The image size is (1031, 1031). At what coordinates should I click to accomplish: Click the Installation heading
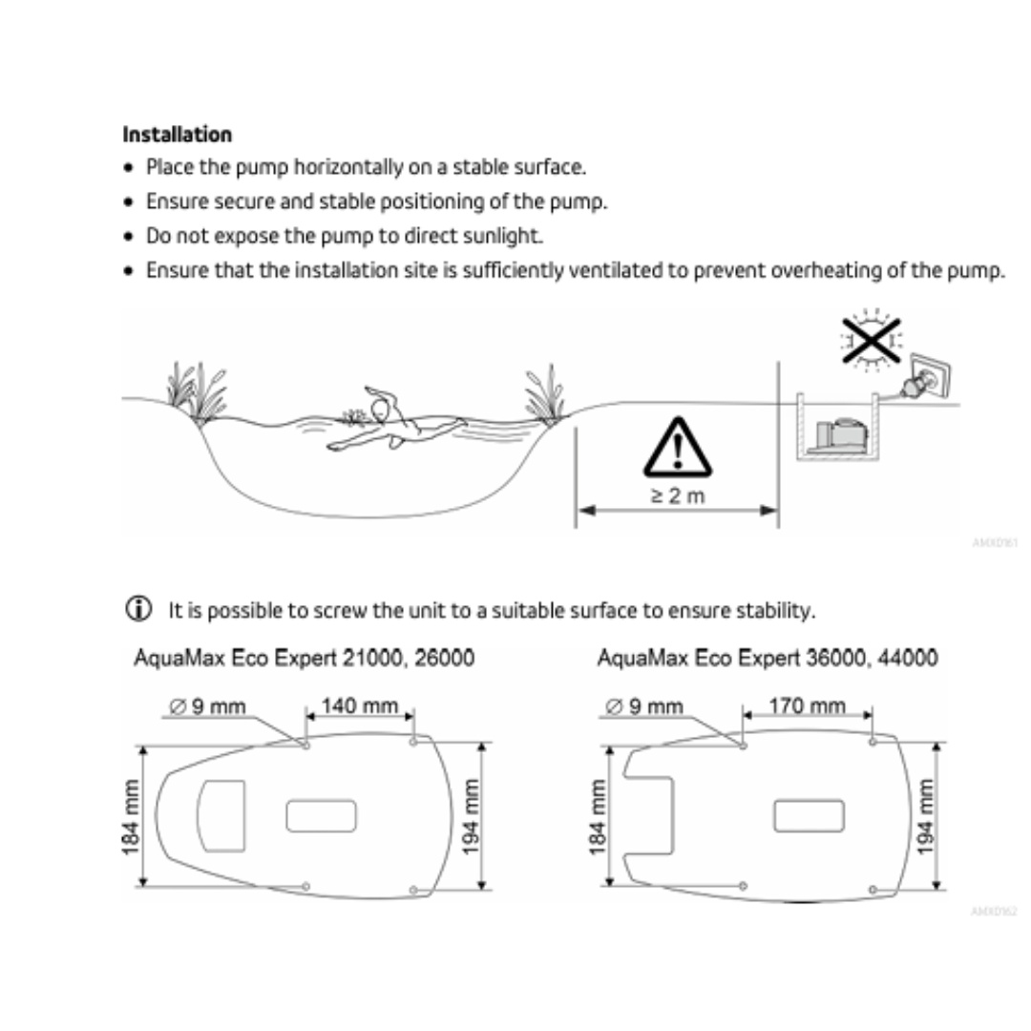pos(177,134)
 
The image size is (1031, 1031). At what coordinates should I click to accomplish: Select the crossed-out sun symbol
pos(870,338)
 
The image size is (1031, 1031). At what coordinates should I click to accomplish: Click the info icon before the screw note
pos(139,609)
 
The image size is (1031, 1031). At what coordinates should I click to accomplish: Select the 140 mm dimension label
pos(360,705)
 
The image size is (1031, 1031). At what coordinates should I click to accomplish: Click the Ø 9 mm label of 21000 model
pos(208,706)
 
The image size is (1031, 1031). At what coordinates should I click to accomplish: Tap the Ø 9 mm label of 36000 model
pos(645,706)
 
